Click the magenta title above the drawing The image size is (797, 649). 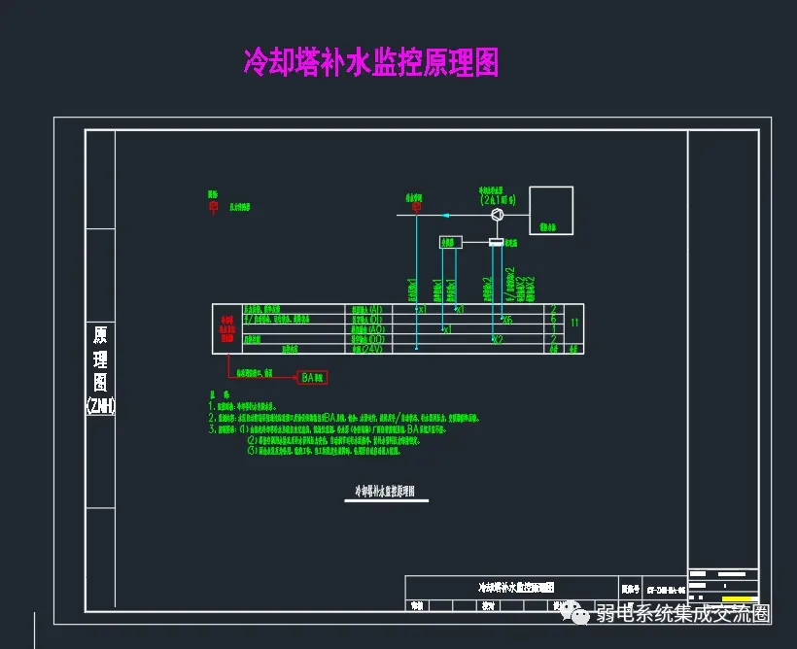370,63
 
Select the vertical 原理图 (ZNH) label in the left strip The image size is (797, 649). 100,369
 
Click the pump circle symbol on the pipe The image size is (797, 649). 496,215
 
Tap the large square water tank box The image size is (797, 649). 551,210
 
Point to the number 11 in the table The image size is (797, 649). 574,322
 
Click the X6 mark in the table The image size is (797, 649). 507,319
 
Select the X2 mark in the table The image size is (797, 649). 497,339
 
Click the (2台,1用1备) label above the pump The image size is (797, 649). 498,199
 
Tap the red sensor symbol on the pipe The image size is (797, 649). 416,206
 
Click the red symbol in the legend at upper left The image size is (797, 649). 213,206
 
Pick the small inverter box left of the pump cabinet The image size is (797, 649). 449,242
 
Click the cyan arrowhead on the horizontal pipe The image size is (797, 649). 444,215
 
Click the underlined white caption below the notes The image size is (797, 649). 385,492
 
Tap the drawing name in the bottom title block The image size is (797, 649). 514,588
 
